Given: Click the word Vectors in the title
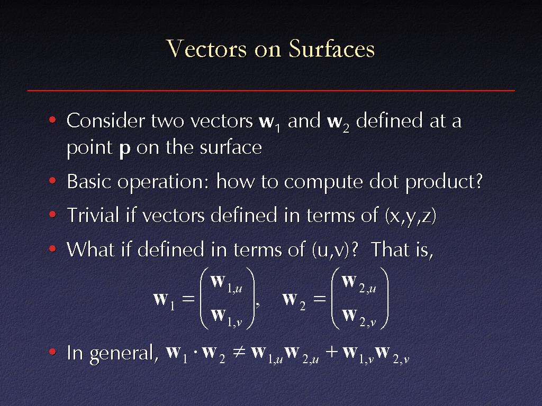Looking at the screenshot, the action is [x=206, y=48].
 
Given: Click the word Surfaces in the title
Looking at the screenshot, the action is [x=332, y=48].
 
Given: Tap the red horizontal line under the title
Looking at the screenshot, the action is [x=271, y=90].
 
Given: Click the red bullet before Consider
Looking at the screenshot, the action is [x=52, y=120].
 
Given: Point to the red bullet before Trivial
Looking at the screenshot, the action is [x=52, y=215].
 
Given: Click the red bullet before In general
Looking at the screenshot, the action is [x=52, y=352].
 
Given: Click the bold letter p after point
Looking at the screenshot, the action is [x=125, y=150].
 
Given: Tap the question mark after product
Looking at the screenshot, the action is [x=478, y=181].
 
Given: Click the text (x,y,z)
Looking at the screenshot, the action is [x=411, y=216].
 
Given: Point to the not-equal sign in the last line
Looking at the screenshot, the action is [x=239, y=352].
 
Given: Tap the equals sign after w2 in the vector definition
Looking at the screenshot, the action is [x=319, y=299].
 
